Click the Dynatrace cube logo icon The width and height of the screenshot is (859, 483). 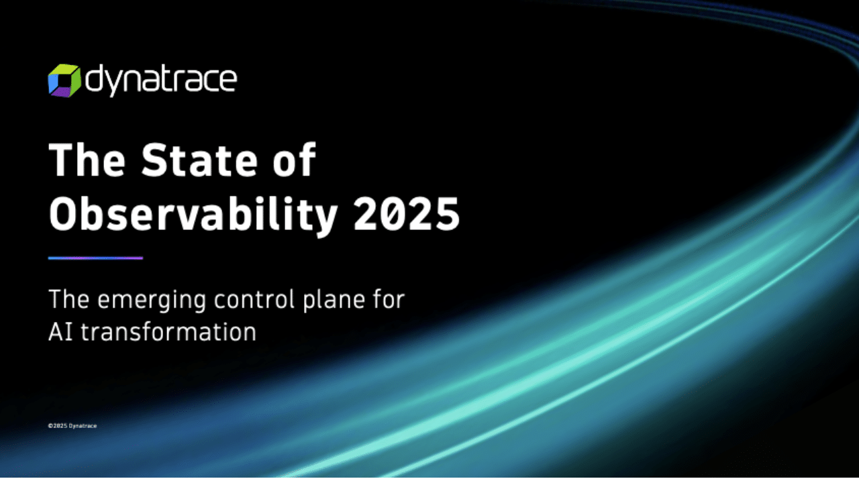tap(64, 81)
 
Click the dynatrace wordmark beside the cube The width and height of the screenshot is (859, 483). tap(161, 80)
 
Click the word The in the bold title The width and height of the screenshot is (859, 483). tap(87, 160)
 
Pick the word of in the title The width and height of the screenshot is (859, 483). tap(294, 160)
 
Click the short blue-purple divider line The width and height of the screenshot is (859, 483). tap(95, 258)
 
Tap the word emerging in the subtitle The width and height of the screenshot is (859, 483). tap(152, 300)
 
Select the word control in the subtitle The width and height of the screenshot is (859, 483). tap(254, 299)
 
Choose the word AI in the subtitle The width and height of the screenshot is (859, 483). tap(60, 331)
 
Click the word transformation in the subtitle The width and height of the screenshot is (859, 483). tap(168, 331)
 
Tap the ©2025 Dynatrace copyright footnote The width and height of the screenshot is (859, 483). tap(72, 426)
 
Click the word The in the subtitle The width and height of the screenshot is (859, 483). tap(69, 299)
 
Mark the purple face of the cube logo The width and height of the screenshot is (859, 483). tap(62, 92)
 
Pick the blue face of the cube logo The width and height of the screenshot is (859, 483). tap(53, 82)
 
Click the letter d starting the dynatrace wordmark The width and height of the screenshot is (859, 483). tap(93, 78)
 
